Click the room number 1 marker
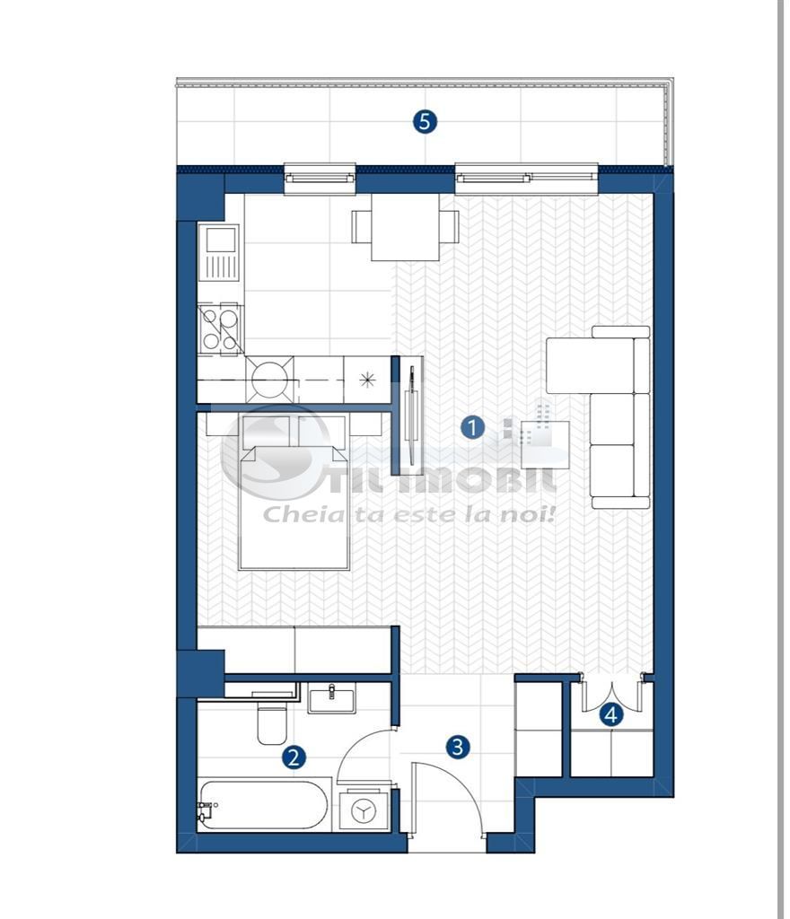coord(472,428)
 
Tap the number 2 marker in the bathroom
coord(294,757)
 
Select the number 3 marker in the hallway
coord(458,747)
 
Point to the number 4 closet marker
coord(611,715)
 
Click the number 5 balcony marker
coord(425,121)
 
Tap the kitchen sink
coord(220,242)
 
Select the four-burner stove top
coord(221,328)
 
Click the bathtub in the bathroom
coord(263,804)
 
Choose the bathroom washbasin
coord(331,697)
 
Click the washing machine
coord(364,811)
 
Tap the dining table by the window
coord(405,227)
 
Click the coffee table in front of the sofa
coord(545,444)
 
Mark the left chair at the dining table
coord(361,226)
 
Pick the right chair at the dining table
coord(450,226)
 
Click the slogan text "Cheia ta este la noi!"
coord(409,514)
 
